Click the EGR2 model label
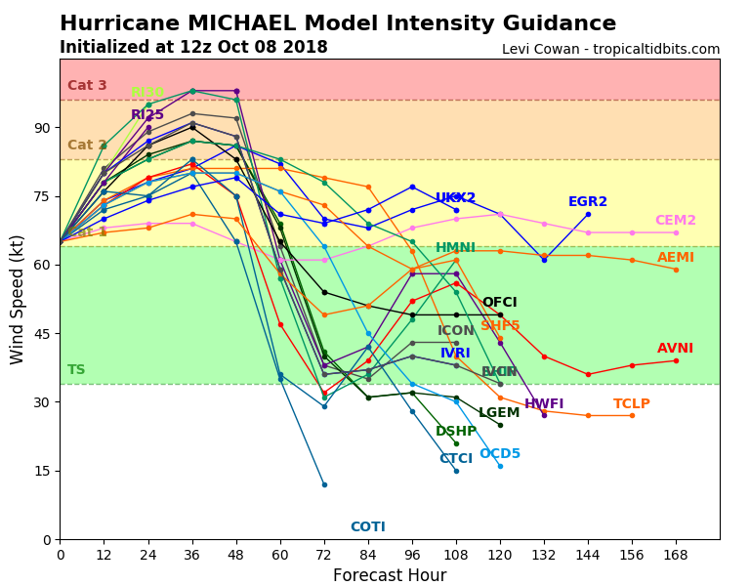pyautogui.click(x=588, y=202)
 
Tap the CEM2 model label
pyautogui.click(x=676, y=221)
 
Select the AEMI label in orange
pyautogui.click(x=676, y=258)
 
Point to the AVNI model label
pyautogui.click(x=676, y=349)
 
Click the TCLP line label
pyautogui.click(x=632, y=404)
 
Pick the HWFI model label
pyautogui.click(x=544, y=404)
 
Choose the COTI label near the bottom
pyautogui.click(x=368, y=527)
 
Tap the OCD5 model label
pyautogui.click(x=500, y=454)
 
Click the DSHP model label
pyautogui.click(x=456, y=432)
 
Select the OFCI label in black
pyautogui.click(x=500, y=303)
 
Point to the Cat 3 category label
pyautogui.click(x=87, y=86)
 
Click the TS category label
pyautogui.click(x=76, y=370)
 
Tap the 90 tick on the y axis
pyautogui.click(x=42, y=128)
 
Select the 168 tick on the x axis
pyautogui.click(x=676, y=555)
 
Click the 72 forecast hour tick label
pyautogui.click(x=324, y=555)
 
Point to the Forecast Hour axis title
pyautogui.click(x=390, y=575)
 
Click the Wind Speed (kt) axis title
pyautogui.click(x=19, y=299)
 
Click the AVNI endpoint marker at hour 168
pyautogui.click(x=676, y=360)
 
